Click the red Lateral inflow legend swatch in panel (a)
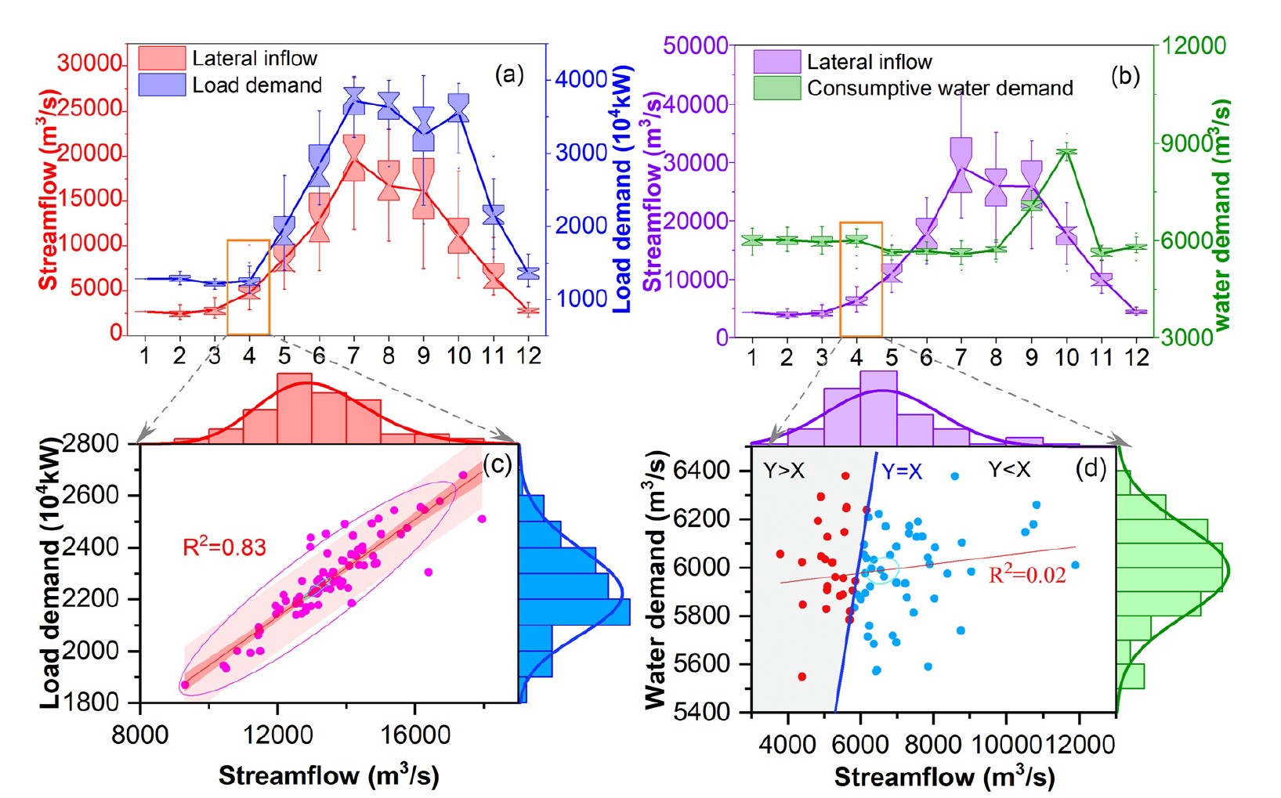[x=161, y=58]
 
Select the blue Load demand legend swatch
[x=161, y=85]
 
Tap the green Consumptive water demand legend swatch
[x=776, y=88]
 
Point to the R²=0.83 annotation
[x=224, y=547]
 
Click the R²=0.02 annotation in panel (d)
[x=1026, y=576]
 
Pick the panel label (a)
[x=508, y=75]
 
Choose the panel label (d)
[x=1091, y=468]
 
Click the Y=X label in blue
[x=902, y=471]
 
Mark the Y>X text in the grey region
[x=783, y=471]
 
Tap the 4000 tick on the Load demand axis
[x=581, y=79]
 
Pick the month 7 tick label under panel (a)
[x=353, y=356]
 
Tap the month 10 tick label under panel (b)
[x=1066, y=358]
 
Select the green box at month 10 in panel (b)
[x=1066, y=152]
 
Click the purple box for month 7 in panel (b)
[x=961, y=164]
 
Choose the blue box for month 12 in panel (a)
[x=529, y=273]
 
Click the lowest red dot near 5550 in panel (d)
[x=802, y=677]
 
